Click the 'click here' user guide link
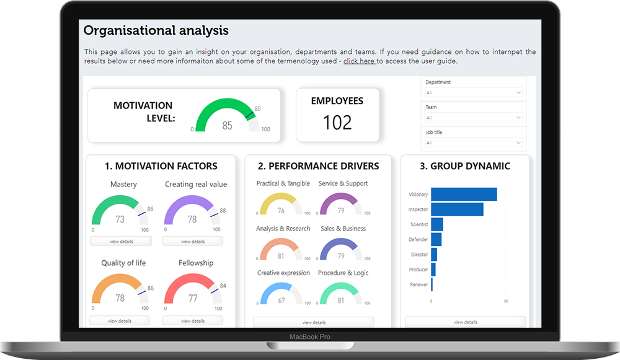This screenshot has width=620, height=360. tap(359, 61)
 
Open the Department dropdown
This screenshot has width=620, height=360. tap(474, 93)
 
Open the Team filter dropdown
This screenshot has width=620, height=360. tap(474, 118)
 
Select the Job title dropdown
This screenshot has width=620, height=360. tap(474, 143)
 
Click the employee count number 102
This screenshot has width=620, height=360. tap(337, 123)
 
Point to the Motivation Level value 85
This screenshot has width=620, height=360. tap(227, 126)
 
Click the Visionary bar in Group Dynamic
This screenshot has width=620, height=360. tap(463, 195)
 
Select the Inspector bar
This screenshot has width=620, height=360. tap(457, 209)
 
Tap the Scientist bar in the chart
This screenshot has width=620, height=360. tap(436, 224)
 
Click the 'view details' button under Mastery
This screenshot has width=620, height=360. tap(120, 241)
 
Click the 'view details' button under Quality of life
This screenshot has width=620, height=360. tap(120, 321)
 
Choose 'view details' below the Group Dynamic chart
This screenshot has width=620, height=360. tap(465, 322)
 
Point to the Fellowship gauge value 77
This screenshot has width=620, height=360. tap(193, 299)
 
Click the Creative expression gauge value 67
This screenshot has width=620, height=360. tap(281, 301)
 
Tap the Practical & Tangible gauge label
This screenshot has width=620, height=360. tap(283, 183)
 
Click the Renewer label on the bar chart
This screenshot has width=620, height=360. tap(418, 285)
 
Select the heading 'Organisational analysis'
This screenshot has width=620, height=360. tap(156, 30)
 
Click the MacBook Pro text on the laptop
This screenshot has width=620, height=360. tap(310, 337)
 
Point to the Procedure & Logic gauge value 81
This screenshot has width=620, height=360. tap(341, 301)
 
